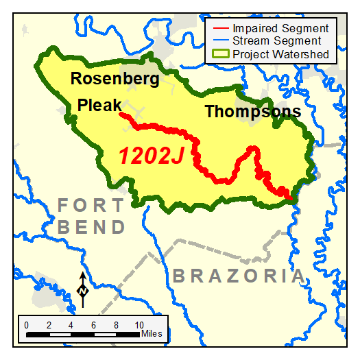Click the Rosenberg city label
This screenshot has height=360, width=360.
115,79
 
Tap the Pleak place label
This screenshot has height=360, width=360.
99,106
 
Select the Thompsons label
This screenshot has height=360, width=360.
253,112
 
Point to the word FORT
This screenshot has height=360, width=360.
91,205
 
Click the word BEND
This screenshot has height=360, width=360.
91,227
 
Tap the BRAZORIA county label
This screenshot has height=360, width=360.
238,276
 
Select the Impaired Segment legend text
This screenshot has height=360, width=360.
280,29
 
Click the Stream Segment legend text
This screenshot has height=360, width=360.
278,41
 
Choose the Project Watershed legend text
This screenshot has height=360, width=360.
280,54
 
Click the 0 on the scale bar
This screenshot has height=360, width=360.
26,324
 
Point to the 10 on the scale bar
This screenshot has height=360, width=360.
139,324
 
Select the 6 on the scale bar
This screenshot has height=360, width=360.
94,324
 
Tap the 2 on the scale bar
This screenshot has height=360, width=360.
49,324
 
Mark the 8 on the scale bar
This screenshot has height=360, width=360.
117,324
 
